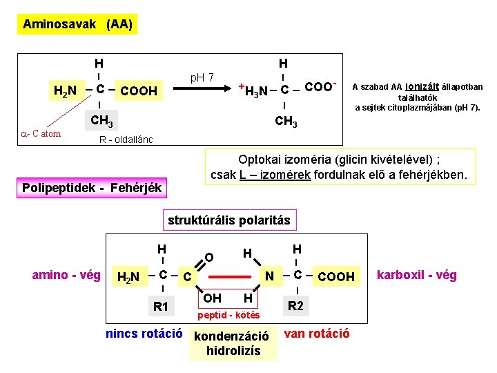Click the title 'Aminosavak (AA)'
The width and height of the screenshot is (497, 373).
coord(77,24)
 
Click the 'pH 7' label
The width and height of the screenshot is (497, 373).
coord(202,77)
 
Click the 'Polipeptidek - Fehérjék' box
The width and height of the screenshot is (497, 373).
coord(92,187)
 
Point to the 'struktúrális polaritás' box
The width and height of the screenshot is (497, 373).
coord(229,220)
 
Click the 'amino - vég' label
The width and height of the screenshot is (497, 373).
coord(66,275)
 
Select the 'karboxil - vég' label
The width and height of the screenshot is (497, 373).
coord(417,275)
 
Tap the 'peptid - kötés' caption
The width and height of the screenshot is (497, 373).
coord(229,315)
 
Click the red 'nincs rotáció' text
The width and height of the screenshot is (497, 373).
coord(144,334)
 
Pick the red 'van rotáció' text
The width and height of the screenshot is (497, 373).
coord(317,334)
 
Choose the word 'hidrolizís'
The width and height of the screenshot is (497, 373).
coord(233,351)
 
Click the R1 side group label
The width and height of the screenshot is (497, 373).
coord(161,306)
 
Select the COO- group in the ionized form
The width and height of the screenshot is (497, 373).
coord(320,87)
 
